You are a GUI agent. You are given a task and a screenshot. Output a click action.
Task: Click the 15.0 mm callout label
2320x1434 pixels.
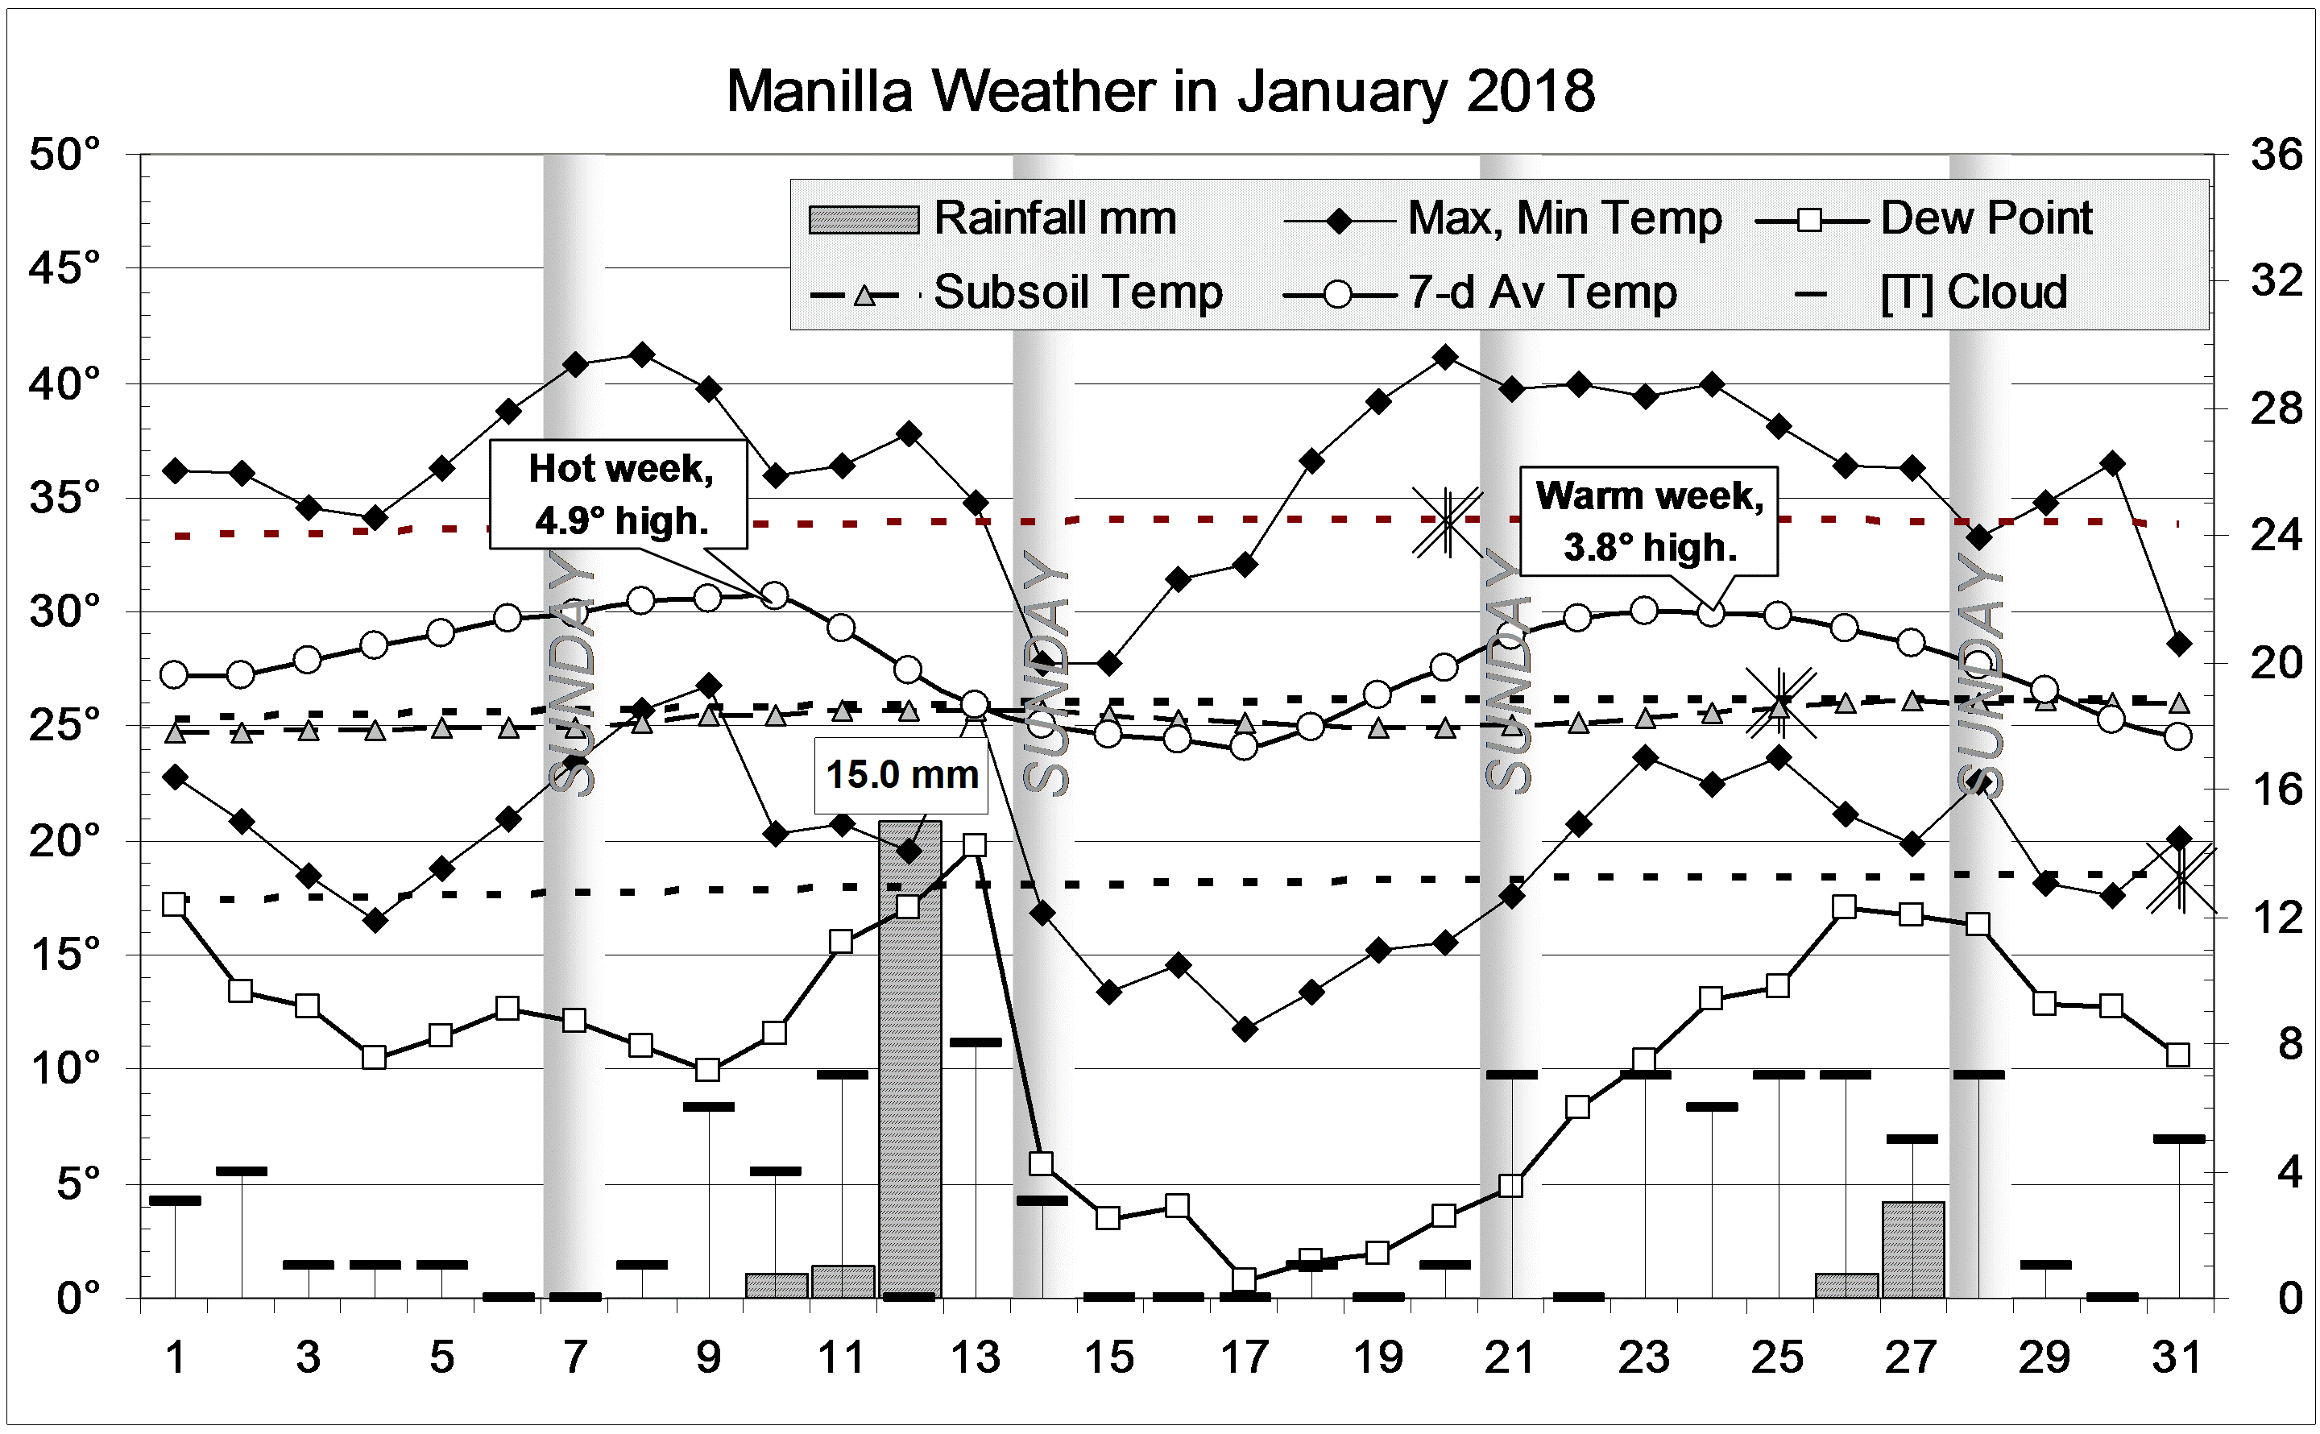tap(901, 776)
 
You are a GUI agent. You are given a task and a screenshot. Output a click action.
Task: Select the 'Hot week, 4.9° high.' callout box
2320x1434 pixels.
tap(619, 494)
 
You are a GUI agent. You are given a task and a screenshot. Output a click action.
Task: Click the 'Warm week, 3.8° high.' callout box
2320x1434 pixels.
tap(1649, 521)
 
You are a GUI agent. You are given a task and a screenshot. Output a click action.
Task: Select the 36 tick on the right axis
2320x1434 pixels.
tap(2276, 155)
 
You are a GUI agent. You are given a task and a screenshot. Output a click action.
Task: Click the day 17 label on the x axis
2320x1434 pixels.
tap(1244, 1358)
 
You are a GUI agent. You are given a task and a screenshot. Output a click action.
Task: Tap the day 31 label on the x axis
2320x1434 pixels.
tap(2177, 1358)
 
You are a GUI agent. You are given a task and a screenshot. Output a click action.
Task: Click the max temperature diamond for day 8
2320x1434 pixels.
tap(642, 355)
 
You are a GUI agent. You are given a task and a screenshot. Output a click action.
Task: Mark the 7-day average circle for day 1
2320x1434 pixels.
tap(175, 675)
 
